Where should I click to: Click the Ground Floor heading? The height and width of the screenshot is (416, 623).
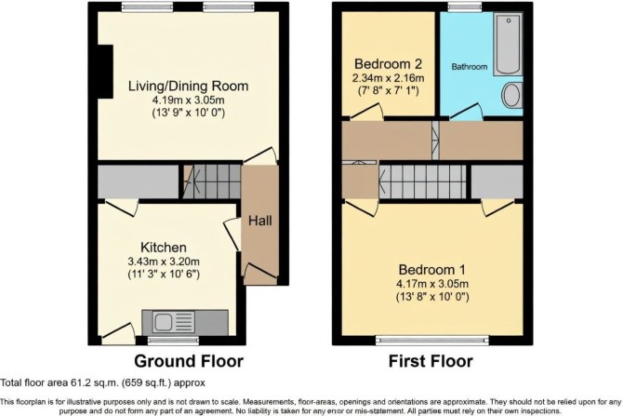tap(189, 361)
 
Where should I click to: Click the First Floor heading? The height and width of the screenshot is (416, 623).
tap(431, 361)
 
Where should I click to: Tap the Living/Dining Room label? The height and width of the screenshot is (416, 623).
tap(189, 86)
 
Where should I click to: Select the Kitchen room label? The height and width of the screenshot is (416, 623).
tap(164, 248)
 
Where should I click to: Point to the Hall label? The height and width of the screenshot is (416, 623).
tap(260, 221)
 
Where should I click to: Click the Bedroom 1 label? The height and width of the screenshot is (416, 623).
tap(432, 270)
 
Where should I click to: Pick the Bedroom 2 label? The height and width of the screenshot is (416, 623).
tap(388, 63)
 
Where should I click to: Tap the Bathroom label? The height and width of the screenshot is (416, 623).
tap(470, 67)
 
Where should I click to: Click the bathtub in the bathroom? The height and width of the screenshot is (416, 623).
tap(508, 44)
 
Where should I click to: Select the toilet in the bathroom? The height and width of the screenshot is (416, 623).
tap(512, 95)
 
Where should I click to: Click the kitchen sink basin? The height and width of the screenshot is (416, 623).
tap(163, 322)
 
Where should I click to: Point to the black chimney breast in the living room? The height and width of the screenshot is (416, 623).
tap(106, 71)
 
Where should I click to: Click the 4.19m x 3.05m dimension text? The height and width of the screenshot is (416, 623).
tap(188, 100)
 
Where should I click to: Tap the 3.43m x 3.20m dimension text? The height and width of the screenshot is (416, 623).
tap(164, 262)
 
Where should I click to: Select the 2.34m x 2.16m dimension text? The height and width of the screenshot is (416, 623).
tap(388, 78)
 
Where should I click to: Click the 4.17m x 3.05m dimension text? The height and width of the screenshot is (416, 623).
tap(432, 284)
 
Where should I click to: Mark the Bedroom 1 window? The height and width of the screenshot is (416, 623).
tap(432, 340)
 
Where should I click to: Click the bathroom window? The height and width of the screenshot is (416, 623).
tap(465, 6)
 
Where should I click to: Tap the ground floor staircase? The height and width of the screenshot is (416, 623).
tap(213, 181)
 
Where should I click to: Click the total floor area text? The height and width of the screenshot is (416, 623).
tap(103, 383)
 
